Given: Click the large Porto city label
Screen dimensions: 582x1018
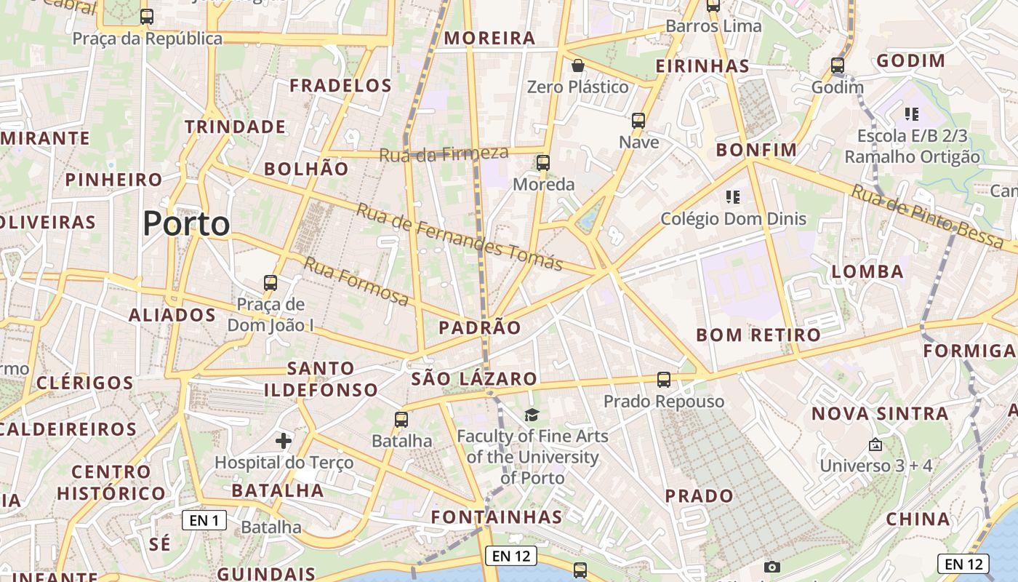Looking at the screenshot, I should click(x=186, y=223).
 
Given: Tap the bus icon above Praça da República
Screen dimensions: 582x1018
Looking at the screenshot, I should click(x=147, y=16).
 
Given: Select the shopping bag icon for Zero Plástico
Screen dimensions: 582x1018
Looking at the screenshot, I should click(x=578, y=65).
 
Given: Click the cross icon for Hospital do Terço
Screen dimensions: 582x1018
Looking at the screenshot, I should click(x=284, y=440).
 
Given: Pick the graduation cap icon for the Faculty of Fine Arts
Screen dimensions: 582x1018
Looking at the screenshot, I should click(x=532, y=415).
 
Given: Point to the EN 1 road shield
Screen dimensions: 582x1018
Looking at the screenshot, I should click(x=204, y=520).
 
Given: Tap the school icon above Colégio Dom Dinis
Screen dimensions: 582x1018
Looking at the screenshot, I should click(x=733, y=196).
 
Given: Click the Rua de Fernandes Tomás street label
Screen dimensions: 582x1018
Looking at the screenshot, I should click(x=460, y=236).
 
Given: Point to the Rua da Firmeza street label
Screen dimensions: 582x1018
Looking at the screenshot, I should click(x=444, y=154).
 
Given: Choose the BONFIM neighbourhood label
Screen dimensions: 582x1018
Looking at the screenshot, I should click(x=756, y=150).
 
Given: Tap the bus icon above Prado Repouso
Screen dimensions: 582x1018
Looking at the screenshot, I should click(x=664, y=379).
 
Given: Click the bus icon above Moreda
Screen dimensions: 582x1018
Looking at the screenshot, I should click(x=543, y=162).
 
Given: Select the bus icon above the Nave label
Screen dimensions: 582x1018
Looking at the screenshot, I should click(x=638, y=120).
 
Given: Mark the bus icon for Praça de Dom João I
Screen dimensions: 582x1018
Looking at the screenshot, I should click(x=270, y=282).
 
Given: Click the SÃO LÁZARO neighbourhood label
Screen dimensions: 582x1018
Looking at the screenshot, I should click(x=474, y=378).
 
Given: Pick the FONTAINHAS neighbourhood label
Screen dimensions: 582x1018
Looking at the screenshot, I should click(x=497, y=517).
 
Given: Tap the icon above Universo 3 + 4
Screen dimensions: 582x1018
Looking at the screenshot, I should click(x=875, y=444).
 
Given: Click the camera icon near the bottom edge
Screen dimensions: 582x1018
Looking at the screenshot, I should click(x=772, y=567).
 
